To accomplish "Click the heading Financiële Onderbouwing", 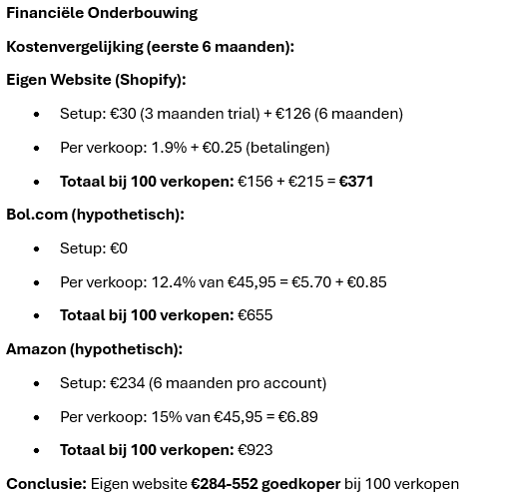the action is [x=102, y=13].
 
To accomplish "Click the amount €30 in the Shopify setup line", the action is [x=123, y=114].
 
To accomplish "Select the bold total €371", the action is [x=356, y=182].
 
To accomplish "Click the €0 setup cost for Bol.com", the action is [x=119, y=249].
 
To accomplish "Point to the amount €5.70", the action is [x=311, y=282].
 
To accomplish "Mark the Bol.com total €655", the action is [x=254, y=315].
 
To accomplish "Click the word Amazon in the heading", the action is [x=37, y=349].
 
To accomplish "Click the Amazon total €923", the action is [x=254, y=450].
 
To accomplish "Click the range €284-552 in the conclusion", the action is [x=224, y=484].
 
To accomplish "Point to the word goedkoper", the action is [x=300, y=484].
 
